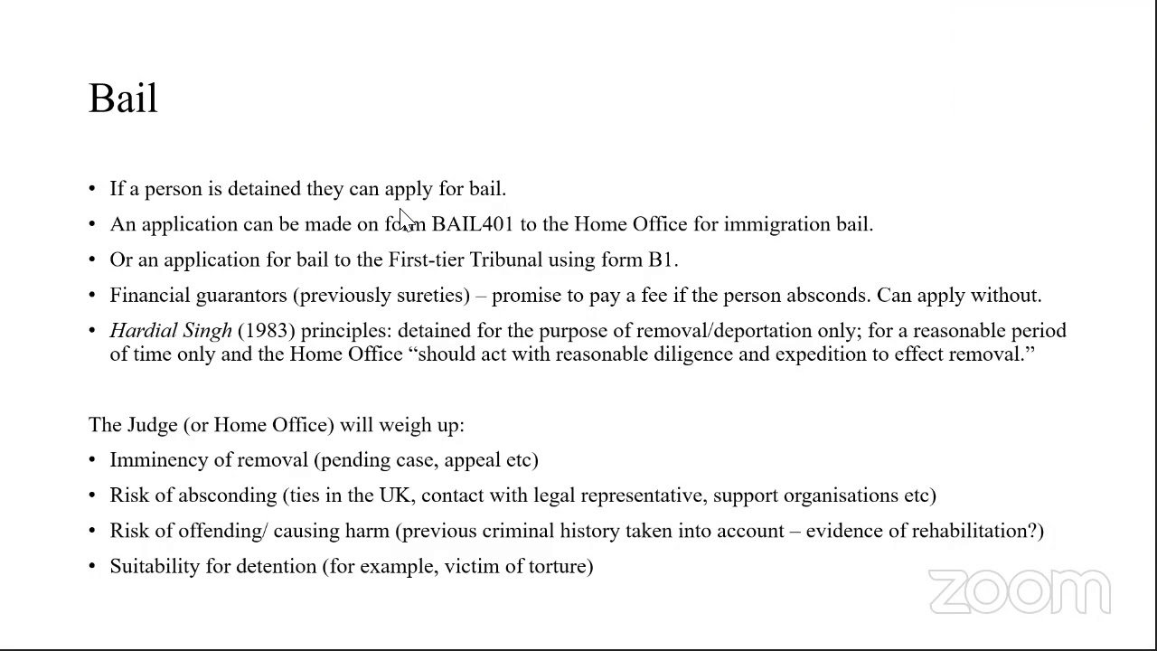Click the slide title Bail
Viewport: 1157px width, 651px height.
point(123,99)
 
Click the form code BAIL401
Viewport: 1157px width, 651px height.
point(472,224)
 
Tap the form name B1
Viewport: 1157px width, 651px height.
point(660,259)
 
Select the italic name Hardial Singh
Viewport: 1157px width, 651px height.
point(171,331)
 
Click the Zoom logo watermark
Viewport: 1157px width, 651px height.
point(1019,592)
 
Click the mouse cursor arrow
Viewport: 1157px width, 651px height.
point(405,220)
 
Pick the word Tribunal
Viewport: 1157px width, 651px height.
point(505,259)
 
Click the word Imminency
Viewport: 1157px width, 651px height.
point(158,460)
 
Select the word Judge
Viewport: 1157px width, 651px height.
point(152,425)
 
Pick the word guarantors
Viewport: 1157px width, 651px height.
point(241,296)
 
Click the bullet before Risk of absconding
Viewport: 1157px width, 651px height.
point(92,495)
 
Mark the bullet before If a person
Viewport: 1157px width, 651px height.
point(92,189)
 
